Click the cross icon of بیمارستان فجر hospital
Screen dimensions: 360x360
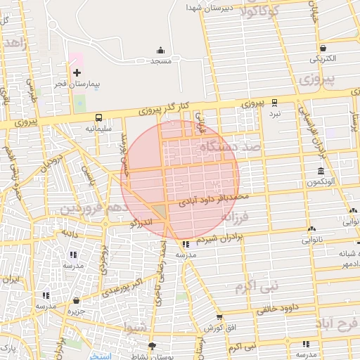point(77,72)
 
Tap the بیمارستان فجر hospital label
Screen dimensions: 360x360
point(77,84)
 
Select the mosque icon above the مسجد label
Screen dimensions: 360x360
point(160,50)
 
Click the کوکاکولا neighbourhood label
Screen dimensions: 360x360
point(259,12)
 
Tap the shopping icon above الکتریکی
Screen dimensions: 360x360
point(322,49)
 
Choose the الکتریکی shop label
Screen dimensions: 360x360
point(322,58)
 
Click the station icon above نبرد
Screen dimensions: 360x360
point(274,102)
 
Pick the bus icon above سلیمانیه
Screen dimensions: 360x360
point(98,117)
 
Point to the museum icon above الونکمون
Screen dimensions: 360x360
point(321,172)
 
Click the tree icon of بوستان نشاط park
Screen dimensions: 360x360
point(151,345)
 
